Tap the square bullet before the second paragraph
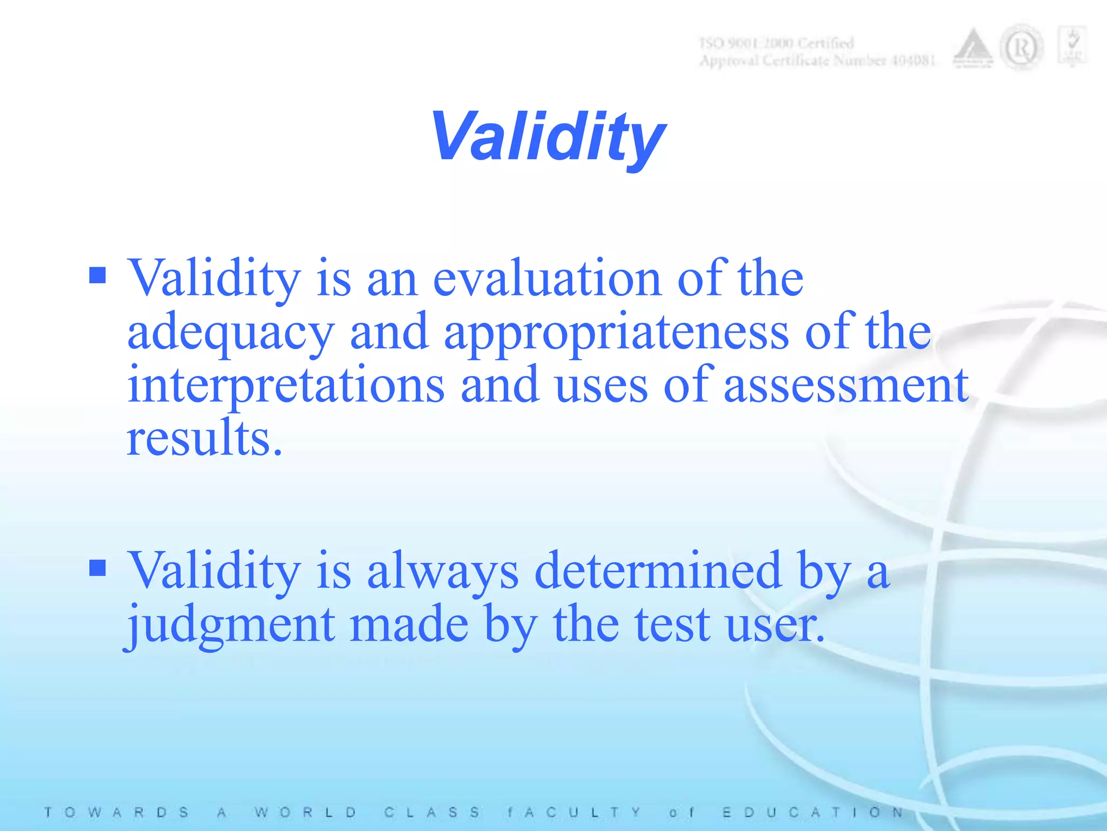pyautogui.click(x=97, y=568)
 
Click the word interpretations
pyautogui.click(x=286, y=385)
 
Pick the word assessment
pyautogui.click(x=845, y=385)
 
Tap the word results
pyautogui.click(x=204, y=438)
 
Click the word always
pyautogui.click(x=443, y=571)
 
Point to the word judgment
pyautogui.click(x=231, y=625)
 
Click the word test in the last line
pyautogui.click(x=672, y=625)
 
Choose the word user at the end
pyautogui.click(x=775, y=625)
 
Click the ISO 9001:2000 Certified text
pyautogui.click(x=777, y=43)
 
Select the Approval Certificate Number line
pyautogui.click(x=817, y=61)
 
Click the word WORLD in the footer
pyautogui.click(x=306, y=813)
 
